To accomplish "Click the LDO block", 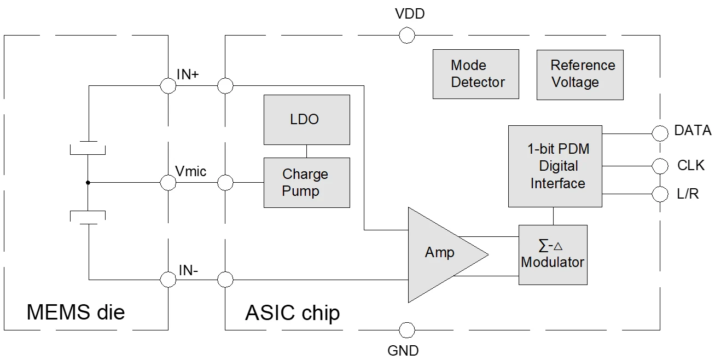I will coord(306,119).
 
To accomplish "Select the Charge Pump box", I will coord(306,182).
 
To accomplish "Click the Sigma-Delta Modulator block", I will coord(553,254).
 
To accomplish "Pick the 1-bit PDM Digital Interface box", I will coord(555,166).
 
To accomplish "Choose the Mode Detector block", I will coord(475,74).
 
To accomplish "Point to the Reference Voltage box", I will coord(579,74).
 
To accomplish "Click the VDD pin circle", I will coord(406,36).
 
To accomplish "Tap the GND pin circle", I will coord(406,330).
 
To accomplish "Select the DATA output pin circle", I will coord(660,132).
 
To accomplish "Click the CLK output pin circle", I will coord(660,165).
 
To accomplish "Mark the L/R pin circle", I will coord(660,194).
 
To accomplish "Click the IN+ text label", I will coord(188,75).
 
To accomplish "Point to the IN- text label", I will coord(188,270).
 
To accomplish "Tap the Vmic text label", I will coord(190,171).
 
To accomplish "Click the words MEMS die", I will coord(75,312).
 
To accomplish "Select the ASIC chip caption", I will coord(292,313).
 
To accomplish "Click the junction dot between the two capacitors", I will coord(88,183).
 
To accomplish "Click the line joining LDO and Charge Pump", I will coord(306,151).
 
